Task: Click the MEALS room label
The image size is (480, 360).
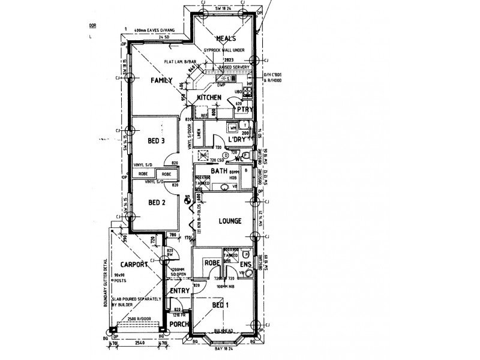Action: tap(217, 39)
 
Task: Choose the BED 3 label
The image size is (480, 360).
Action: tap(156, 141)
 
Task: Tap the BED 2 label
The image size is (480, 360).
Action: tap(156, 203)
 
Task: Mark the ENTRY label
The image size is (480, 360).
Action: tap(180, 291)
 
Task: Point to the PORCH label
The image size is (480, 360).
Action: tap(179, 325)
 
